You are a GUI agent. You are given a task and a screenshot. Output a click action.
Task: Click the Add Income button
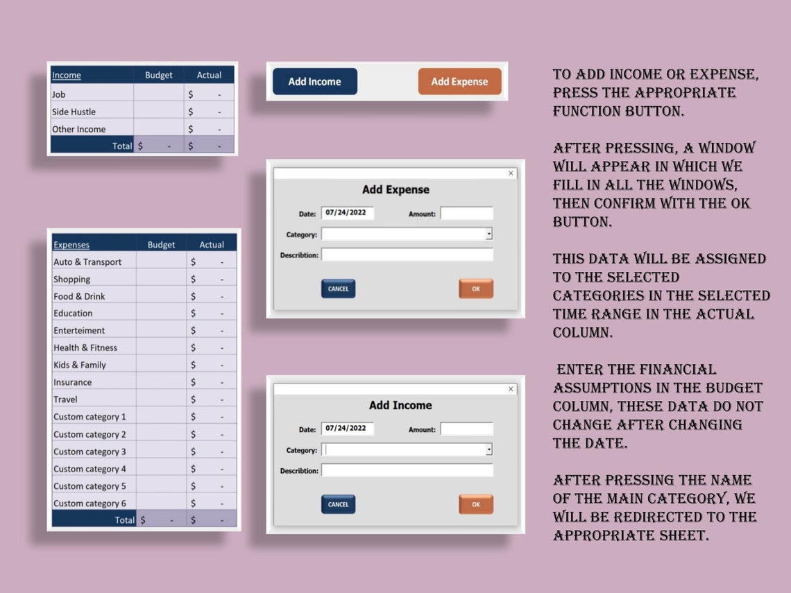(315, 81)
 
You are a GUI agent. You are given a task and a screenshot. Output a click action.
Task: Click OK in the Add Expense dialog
(475, 289)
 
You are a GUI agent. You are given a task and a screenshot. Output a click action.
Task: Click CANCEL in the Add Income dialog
(338, 504)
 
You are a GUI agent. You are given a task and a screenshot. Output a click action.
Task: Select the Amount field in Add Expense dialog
(466, 214)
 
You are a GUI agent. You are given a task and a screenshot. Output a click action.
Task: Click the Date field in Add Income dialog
(347, 429)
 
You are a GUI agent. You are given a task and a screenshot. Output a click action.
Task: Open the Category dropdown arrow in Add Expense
(489, 234)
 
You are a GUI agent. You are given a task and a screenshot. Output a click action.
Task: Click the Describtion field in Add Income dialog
(407, 470)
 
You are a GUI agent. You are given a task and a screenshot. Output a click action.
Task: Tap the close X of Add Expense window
(511, 173)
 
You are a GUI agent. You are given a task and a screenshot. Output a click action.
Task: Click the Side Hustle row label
(74, 112)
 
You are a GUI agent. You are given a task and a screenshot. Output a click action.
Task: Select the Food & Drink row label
(79, 296)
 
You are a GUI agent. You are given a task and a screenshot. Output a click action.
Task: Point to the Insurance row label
(72, 382)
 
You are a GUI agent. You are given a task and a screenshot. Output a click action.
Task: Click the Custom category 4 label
(90, 469)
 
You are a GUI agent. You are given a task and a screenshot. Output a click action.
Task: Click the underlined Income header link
(67, 75)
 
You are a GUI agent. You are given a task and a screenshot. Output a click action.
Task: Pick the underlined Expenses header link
(71, 245)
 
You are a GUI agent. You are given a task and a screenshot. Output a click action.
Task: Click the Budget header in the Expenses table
(161, 245)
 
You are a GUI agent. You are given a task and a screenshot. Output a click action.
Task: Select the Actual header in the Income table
(209, 75)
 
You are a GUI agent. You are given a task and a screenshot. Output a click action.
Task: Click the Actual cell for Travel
(211, 399)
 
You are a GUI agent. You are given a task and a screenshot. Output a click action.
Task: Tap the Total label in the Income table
(122, 146)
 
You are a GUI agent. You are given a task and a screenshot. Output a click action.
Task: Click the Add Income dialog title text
(400, 405)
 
